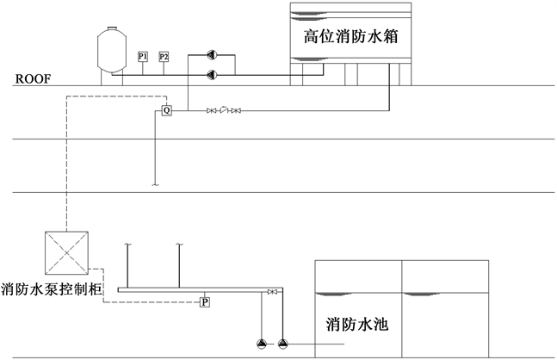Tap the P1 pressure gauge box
[143, 57]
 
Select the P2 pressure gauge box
[164, 57]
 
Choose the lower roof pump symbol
[212, 74]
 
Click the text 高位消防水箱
[349, 37]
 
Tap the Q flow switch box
[167, 110]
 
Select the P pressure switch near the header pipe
[205, 301]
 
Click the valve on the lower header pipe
[273, 293]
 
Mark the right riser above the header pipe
[179, 265]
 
